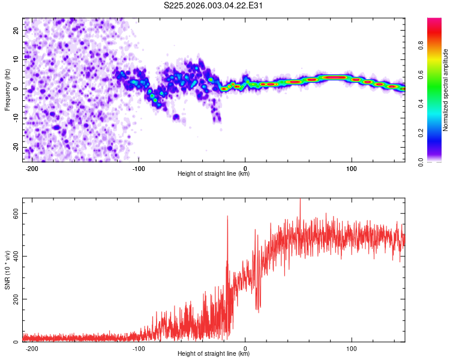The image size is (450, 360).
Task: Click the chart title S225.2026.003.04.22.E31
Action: (214, 5)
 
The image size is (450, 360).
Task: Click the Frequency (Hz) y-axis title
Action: (7, 89)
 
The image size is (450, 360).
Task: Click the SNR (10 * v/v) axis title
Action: (7, 269)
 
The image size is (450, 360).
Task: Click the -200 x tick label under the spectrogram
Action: (32, 169)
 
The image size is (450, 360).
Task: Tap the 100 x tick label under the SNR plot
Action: (352, 349)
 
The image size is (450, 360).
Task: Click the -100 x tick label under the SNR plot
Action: (139, 349)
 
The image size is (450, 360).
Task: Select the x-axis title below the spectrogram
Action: (214, 175)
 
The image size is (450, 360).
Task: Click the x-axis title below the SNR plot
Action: (214, 355)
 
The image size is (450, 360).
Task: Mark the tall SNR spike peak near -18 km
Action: (227, 217)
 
